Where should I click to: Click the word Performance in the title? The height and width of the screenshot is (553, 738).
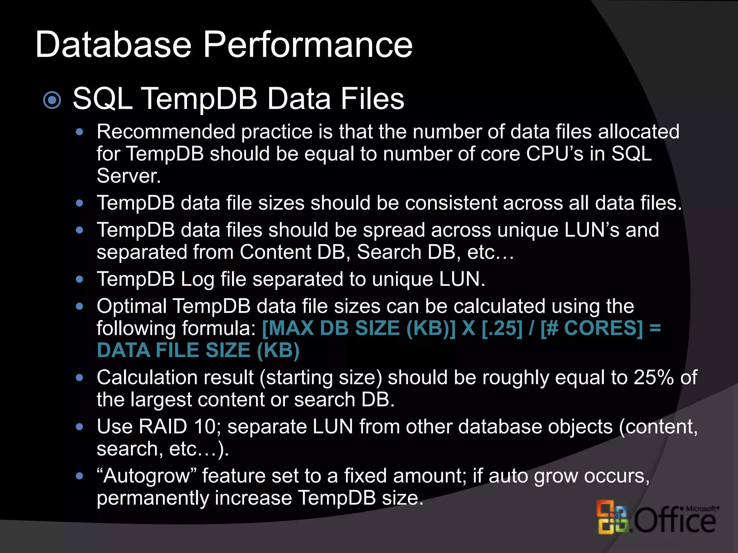[308, 45]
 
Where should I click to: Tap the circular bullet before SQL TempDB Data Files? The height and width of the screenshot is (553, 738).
[52, 100]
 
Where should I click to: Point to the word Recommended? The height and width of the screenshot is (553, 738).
[166, 132]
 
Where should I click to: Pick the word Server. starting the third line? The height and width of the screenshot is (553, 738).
[129, 176]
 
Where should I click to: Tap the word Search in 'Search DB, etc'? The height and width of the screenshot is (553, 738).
[389, 252]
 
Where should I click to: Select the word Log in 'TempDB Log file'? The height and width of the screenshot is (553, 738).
[197, 279]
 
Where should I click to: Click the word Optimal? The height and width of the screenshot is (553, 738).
[132, 306]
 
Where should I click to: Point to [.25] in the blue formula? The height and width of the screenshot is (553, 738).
[502, 328]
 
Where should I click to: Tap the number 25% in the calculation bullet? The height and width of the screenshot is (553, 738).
[654, 378]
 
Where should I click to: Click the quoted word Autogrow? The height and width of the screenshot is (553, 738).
[146, 476]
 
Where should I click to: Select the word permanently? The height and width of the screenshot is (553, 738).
[153, 498]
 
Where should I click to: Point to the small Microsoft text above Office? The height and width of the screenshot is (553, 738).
[701, 508]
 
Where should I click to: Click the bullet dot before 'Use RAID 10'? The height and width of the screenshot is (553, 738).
[80, 427]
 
